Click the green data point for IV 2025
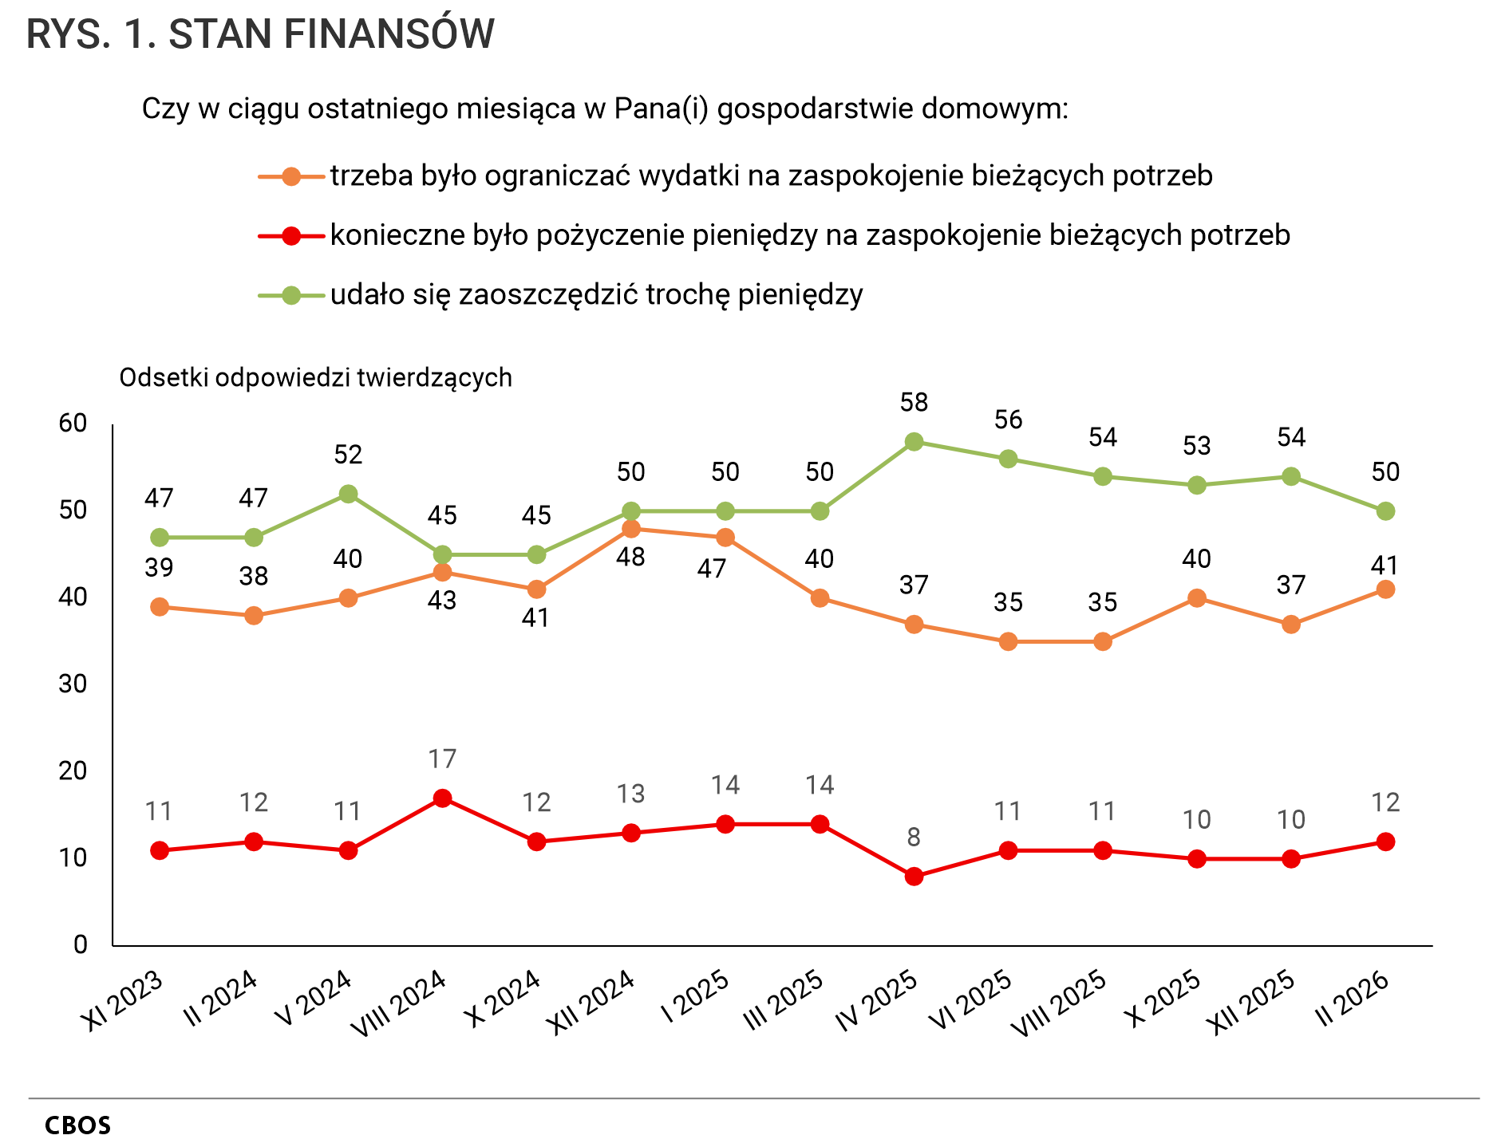click(x=914, y=442)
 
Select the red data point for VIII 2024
click(x=442, y=798)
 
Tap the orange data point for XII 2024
click(x=631, y=529)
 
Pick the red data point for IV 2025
click(x=914, y=877)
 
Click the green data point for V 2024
click(x=348, y=494)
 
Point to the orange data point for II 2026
click(x=1386, y=589)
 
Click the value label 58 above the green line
click(x=914, y=403)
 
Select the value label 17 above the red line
click(x=442, y=759)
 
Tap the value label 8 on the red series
click(x=914, y=838)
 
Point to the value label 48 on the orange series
click(x=631, y=557)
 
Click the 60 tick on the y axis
click(x=73, y=424)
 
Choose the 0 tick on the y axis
click(x=81, y=945)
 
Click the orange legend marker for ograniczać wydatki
click(x=291, y=176)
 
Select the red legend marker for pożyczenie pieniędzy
click(x=291, y=236)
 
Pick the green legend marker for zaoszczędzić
click(x=291, y=296)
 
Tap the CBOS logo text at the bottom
click(x=78, y=1125)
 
